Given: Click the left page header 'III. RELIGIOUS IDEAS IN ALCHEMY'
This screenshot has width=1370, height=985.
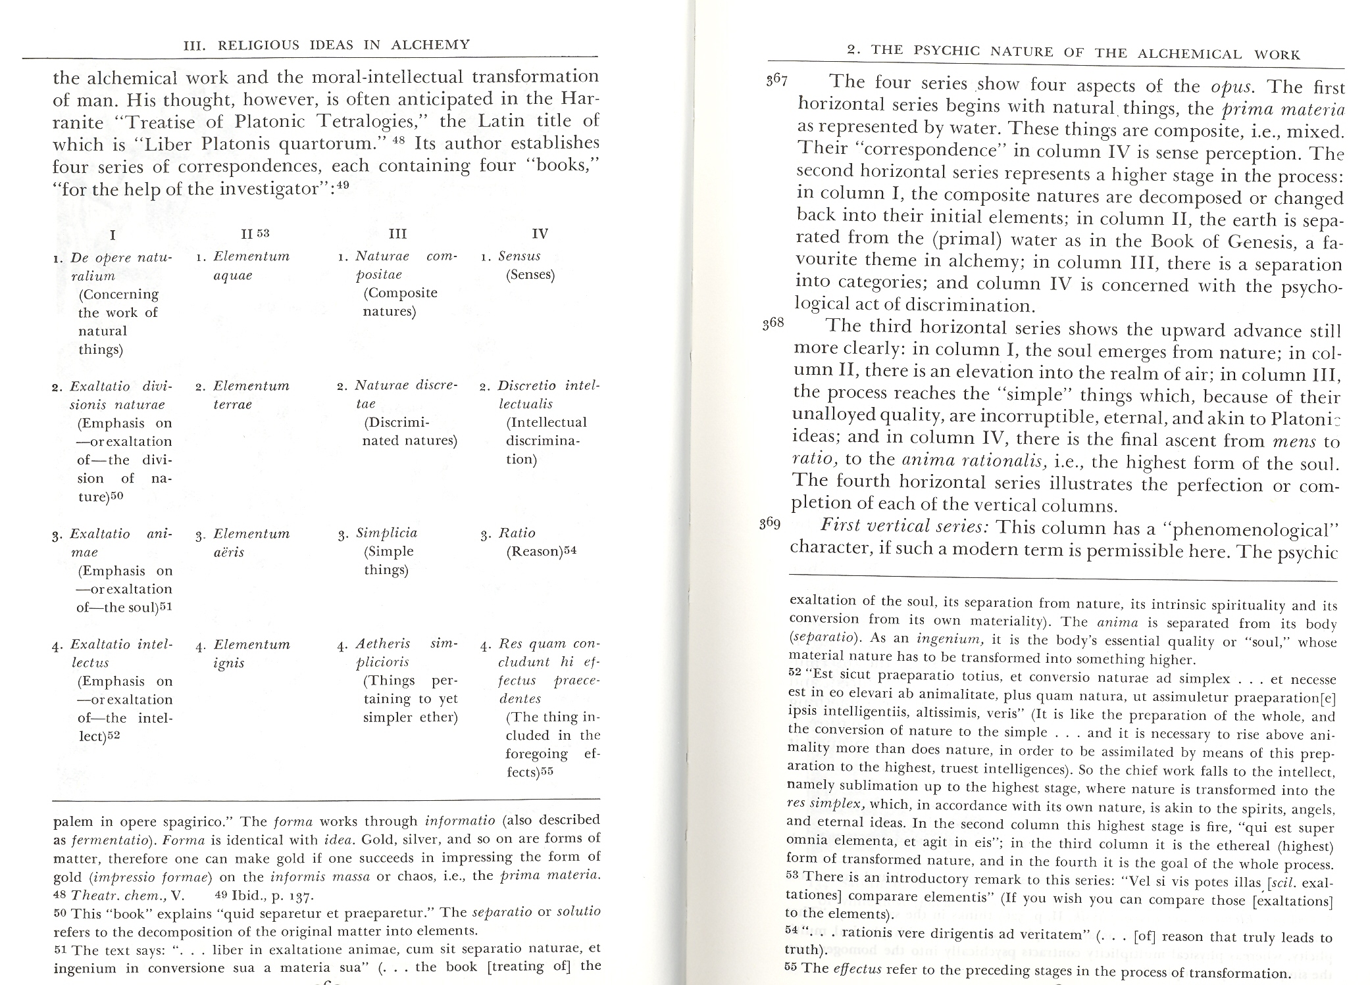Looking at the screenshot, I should point(326,45).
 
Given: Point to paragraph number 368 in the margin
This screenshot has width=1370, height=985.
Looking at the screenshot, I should point(774,324).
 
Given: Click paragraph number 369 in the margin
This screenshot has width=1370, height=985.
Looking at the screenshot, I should point(769,524).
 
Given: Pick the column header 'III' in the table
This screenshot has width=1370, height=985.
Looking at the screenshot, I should point(397,233).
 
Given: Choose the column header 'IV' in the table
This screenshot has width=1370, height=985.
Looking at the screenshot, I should point(539,233).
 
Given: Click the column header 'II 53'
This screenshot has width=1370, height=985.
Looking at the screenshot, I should point(255,233).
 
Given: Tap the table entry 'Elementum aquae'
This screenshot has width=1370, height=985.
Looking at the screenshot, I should point(251,266).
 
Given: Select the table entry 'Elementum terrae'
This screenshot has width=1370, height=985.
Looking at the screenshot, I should point(251,395).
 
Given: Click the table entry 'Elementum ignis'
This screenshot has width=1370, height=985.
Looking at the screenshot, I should point(251,654).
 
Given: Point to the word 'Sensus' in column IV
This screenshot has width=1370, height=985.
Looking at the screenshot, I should point(520,256).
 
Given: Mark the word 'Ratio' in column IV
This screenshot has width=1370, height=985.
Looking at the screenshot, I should point(517,533).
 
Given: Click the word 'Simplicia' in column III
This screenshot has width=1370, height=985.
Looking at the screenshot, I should point(386,533).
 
